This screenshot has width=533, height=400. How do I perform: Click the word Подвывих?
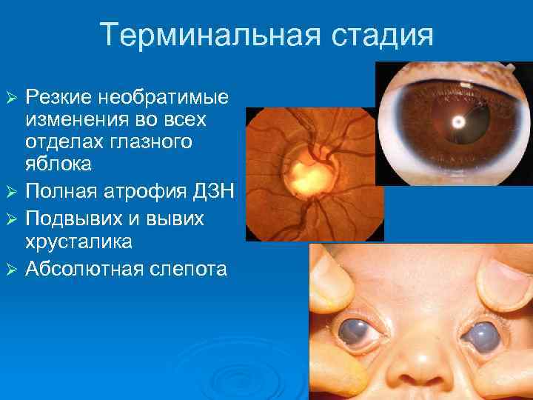pos(78,219)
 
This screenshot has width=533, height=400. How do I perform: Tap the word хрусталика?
pos(78,241)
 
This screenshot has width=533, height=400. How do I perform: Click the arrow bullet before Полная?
pos(10,193)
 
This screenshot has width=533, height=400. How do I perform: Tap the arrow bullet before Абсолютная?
pos(10,268)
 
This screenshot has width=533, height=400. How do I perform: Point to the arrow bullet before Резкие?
pos(10,98)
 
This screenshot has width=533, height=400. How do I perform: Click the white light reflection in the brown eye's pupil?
pos(458,121)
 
